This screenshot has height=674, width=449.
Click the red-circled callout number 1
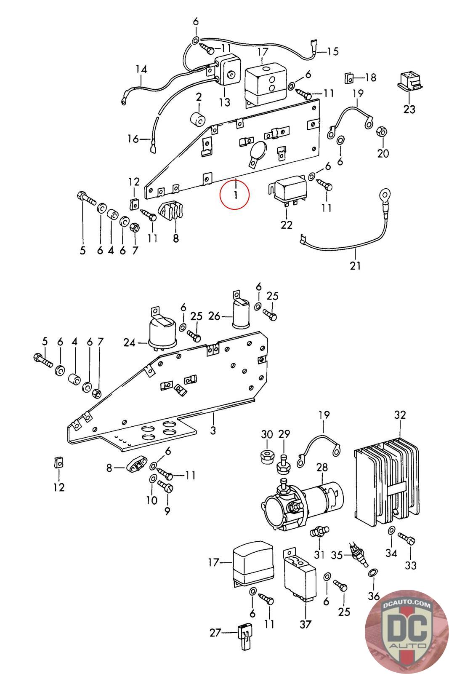(236, 195)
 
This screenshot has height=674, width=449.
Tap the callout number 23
(409, 109)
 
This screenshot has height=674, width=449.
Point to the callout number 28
(322, 467)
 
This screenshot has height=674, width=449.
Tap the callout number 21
(355, 266)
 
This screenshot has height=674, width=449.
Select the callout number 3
(213, 430)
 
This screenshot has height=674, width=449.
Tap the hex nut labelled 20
(382, 131)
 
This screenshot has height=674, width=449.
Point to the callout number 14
(141, 69)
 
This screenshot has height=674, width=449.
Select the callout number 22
(287, 225)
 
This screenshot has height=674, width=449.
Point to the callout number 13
(225, 102)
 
